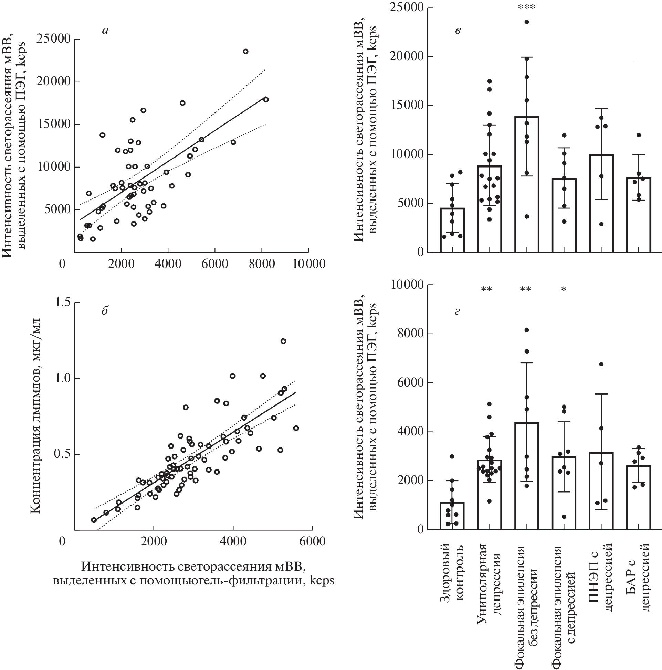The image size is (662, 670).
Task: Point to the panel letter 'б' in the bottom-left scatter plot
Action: (105, 311)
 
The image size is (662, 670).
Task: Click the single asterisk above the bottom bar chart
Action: (564, 289)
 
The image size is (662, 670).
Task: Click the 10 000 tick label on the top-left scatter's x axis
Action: (308, 264)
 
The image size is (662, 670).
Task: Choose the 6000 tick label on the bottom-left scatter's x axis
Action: (313, 541)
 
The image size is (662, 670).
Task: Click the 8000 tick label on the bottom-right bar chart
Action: (407, 333)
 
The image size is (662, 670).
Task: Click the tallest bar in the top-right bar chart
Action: (527, 184)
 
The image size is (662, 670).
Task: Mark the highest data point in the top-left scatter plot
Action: (245, 51)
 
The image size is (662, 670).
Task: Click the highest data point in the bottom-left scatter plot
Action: (283, 341)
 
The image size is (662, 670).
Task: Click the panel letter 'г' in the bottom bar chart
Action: (457, 312)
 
